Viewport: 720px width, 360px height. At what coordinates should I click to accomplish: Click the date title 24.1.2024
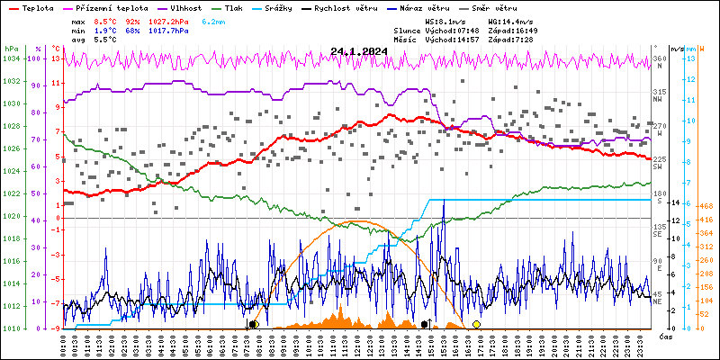pyautogui.click(x=358, y=51)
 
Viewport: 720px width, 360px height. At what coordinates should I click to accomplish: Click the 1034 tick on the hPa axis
pyautogui.click(x=12, y=59)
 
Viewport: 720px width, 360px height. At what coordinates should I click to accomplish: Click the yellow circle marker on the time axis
pyautogui.click(x=476, y=324)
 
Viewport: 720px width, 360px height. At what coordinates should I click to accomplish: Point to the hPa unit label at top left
pyautogui.click(x=11, y=48)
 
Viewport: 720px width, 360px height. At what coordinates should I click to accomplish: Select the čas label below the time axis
pyautogui.click(x=666, y=337)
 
